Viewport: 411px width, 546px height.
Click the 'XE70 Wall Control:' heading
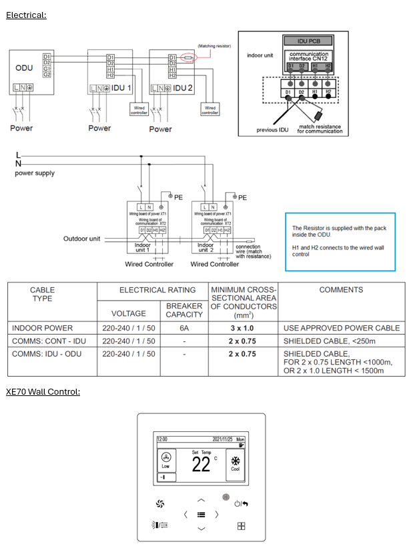43,391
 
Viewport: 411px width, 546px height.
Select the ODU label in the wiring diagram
24,68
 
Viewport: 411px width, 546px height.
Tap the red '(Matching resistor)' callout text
214,46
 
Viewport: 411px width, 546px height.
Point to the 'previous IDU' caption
272,129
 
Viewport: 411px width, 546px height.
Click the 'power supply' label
35,173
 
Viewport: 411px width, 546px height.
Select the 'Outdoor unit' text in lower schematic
81,238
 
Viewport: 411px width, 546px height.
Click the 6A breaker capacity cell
184,328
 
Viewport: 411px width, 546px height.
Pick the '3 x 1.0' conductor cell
243,328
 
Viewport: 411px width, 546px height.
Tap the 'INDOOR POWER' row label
42,328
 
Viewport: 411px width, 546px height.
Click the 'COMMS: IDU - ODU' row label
47,353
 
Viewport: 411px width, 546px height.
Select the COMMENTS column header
341,290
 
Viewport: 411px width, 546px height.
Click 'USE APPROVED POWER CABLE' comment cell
342,328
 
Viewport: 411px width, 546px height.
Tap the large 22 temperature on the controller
201,465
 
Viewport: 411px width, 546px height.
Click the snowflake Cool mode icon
235,461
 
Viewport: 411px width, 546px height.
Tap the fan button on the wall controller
159,503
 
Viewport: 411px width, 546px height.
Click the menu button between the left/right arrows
201,514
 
